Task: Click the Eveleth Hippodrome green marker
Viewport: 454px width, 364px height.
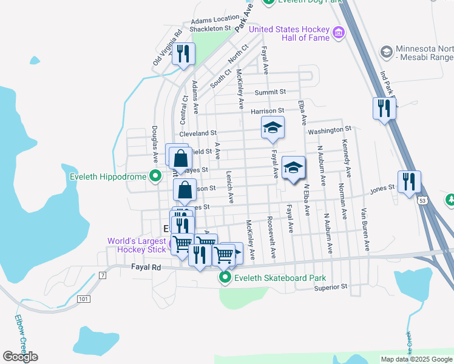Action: (155, 177)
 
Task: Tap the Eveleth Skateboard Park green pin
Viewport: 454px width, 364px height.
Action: (225, 278)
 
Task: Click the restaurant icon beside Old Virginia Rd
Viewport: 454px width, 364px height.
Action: (183, 53)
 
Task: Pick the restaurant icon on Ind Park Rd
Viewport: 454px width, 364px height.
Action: (384, 109)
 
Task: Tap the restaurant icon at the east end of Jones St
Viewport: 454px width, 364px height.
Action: (409, 181)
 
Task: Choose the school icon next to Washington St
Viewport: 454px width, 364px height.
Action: (273, 127)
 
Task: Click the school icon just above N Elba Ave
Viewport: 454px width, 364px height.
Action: (293, 167)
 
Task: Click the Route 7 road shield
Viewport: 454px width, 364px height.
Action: (103, 275)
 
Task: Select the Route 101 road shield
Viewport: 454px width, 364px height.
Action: (83, 298)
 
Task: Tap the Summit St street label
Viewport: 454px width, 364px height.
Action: (270, 92)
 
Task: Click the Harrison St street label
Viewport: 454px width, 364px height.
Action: (267, 111)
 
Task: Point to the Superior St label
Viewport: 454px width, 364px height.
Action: (330, 287)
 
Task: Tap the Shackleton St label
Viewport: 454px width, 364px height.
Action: (210, 28)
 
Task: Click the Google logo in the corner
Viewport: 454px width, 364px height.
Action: (20, 357)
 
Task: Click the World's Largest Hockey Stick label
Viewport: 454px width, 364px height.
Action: (136, 245)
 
